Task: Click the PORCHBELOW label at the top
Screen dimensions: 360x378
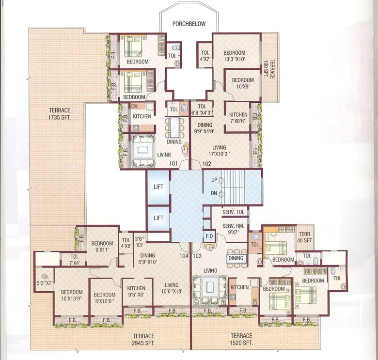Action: point(189,23)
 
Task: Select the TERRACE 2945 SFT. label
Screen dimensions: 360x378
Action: point(145,339)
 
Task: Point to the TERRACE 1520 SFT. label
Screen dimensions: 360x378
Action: point(241,339)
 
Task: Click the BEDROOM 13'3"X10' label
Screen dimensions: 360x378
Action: point(234,56)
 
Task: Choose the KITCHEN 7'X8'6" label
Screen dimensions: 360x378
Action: point(238,118)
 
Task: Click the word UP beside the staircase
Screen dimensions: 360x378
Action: point(213,180)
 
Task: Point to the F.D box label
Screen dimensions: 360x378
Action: point(209,236)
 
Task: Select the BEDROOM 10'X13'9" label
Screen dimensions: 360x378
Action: point(71,296)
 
